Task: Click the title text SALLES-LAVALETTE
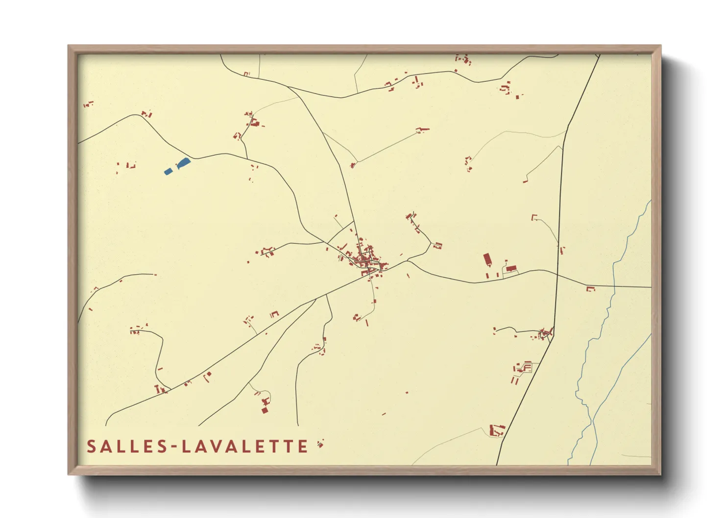(x=197, y=447)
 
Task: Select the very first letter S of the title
(x=91, y=447)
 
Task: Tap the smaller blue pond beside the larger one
(x=168, y=171)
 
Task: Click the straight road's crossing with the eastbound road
(x=557, y=275)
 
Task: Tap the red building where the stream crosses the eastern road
(x=591, y=289)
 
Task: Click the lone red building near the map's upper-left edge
(x=88, y=104)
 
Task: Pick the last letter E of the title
(x=303, y=447)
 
